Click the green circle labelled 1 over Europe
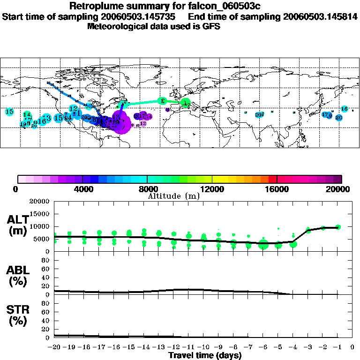[186, 103]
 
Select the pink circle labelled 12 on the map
[143, 124]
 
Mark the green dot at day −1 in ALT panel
[338, 227]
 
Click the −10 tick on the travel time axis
[203, 347]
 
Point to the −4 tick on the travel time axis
[293, 347]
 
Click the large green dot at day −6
[263, 244]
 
